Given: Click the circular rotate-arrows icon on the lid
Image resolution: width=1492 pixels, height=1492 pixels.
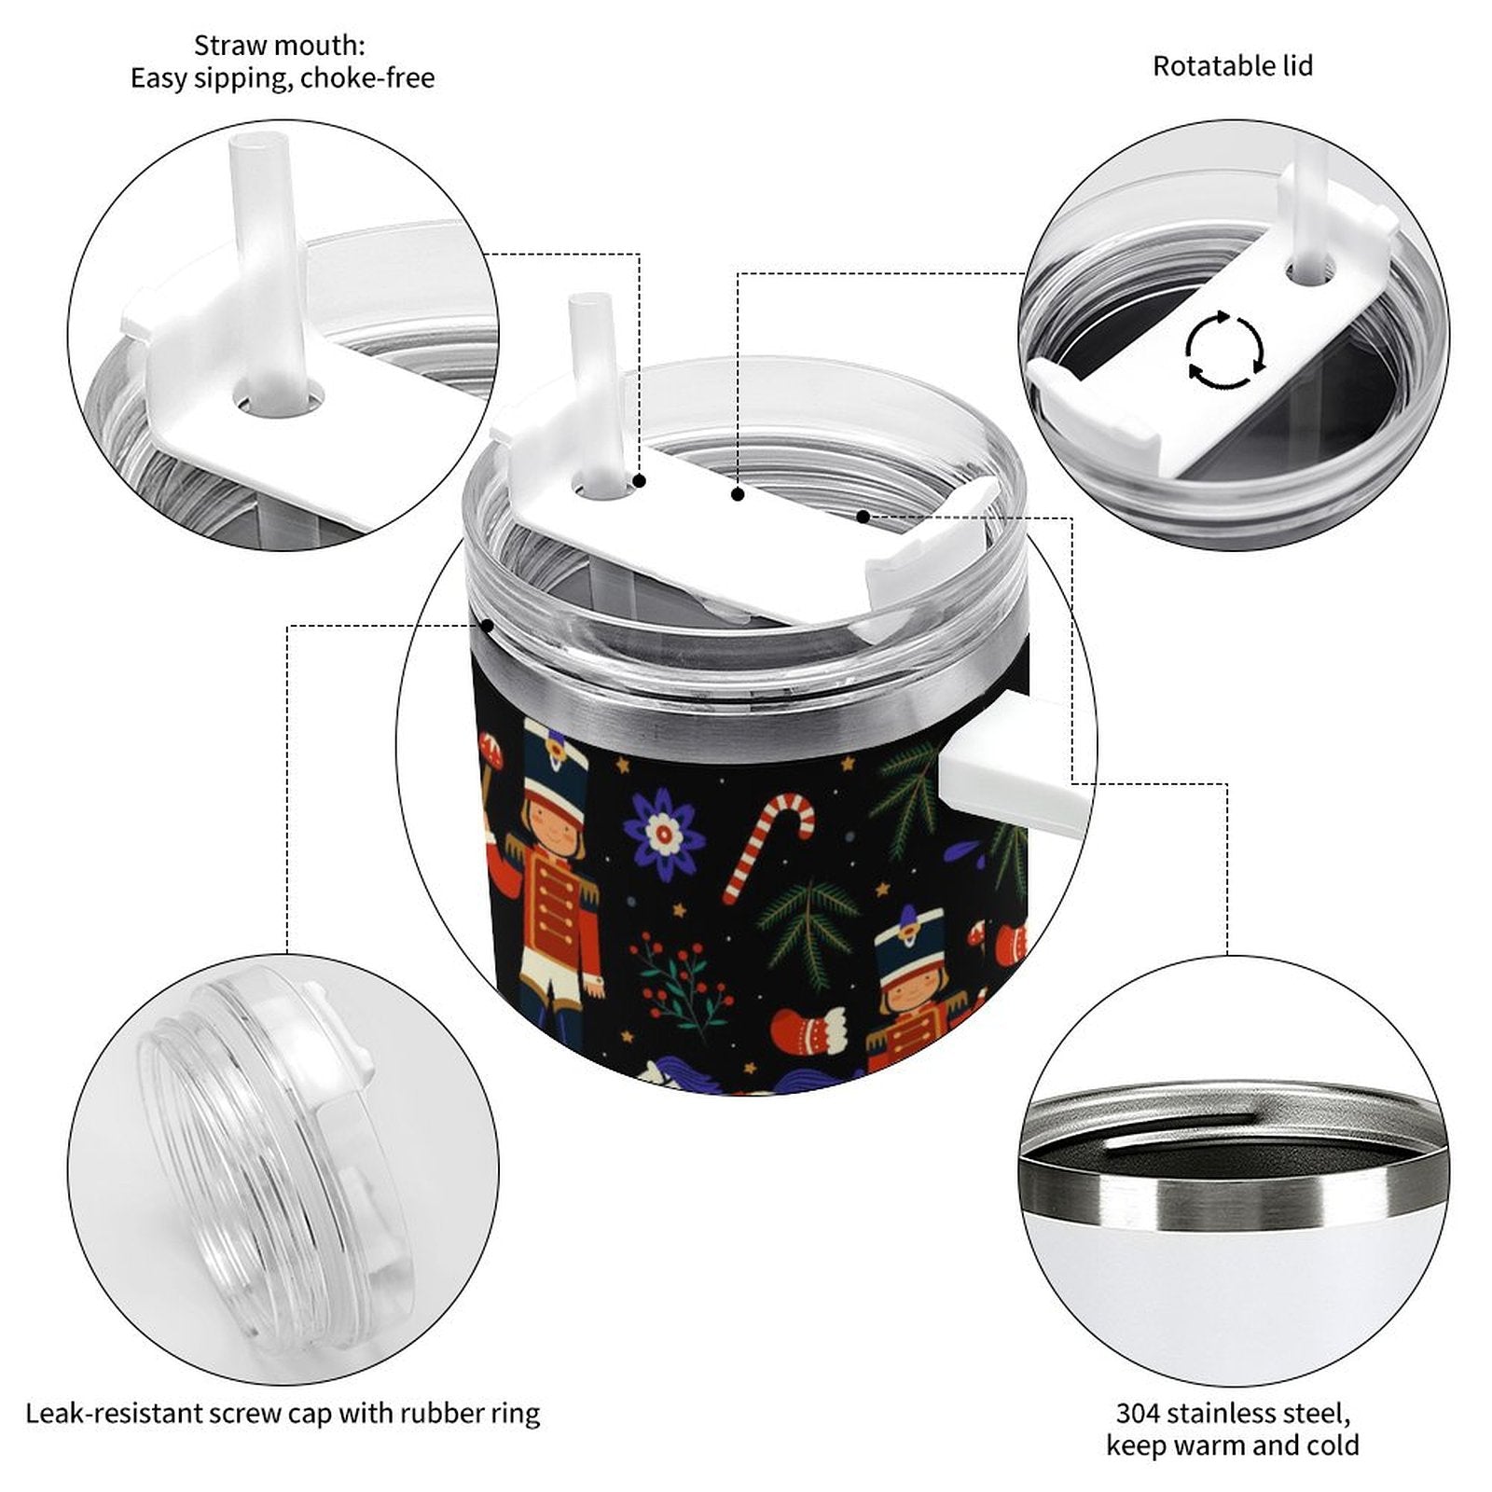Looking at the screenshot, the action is click(1224, 352).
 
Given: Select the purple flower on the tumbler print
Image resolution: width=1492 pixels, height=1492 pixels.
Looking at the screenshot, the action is click(662, 835).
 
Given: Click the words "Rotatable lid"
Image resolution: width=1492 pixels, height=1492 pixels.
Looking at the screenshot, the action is click(1232, 66).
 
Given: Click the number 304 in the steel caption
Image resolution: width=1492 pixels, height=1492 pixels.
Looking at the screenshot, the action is click(1139, 1413).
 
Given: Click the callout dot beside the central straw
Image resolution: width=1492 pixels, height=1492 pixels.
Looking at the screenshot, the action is click(640, 481).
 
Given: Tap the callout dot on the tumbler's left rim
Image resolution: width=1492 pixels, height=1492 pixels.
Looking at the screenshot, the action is click(486, 626).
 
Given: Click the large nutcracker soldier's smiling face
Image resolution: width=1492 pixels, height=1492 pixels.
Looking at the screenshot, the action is click(552, 824).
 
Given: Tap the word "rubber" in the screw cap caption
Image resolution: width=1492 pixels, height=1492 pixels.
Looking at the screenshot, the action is click(442, 1414).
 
